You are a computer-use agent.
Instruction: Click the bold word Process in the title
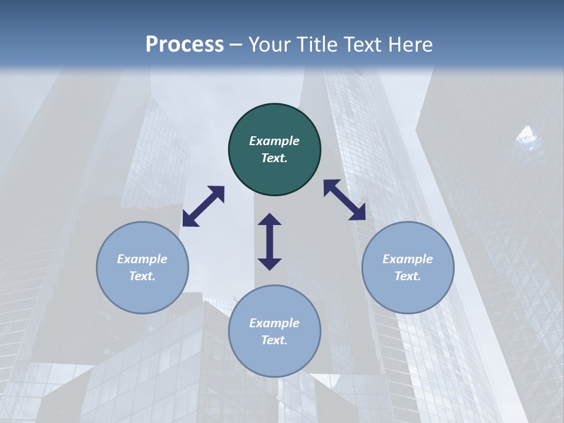tap(184, 45)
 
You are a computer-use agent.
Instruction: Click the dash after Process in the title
tap(236, 45)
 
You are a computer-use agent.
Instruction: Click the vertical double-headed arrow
tap(270, 241)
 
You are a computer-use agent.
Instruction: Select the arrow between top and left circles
tap(203, 206)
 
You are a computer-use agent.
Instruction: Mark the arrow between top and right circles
tap(345, 200)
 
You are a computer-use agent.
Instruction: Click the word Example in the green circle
tap(274, 141)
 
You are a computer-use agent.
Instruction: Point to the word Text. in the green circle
tap(274, 158)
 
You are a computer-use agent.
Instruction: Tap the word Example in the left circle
tap(142, 259)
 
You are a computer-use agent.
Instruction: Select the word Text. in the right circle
tap(408, 276)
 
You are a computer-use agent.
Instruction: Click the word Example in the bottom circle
tap(274, 323)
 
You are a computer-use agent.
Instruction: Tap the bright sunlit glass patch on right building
tap(527, 139)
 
